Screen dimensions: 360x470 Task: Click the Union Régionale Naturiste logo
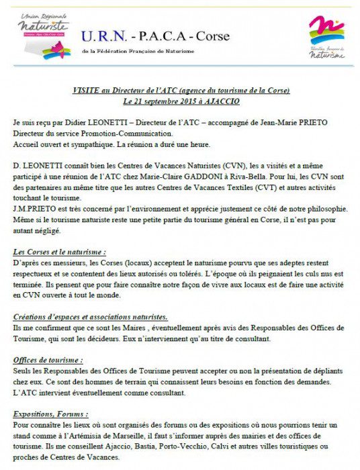click(x=44, y=38)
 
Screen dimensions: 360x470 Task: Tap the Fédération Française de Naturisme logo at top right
click(x=326, y=36)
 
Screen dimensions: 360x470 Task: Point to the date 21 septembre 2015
click(x=163, y=101)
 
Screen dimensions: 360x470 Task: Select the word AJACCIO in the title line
click(x=219, y=101)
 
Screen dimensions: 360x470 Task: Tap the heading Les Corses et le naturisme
click(x=58, y=251)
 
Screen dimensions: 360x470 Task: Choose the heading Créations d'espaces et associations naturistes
click(x=91, y=316)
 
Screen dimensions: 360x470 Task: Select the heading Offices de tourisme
click(x=48, y=361)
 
